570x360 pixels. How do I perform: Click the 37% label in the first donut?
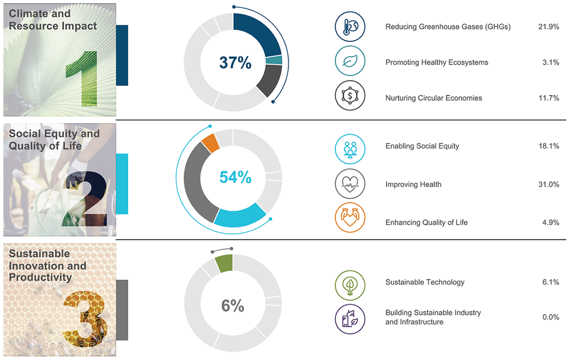[235, 63]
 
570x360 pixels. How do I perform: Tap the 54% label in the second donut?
[235, 178]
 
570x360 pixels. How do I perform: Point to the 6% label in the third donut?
[233, 306]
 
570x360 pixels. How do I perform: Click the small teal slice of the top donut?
[274, 60]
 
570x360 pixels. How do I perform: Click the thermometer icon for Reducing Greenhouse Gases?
[350, 27]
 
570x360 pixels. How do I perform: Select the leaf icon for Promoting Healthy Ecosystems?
[350, 62]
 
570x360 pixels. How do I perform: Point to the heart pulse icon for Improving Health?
[350, 184]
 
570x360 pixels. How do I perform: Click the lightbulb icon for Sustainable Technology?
[350, 283]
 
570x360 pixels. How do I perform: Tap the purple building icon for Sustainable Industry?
[350, 318]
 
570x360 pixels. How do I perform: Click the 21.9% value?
[549, 27]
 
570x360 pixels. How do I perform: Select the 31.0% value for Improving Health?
[549, 184]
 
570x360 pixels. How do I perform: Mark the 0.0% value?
[550, 317]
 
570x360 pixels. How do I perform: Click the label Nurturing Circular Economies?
[434, 98]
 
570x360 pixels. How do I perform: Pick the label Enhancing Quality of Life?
[426, 223]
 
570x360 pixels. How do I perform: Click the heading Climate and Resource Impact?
[53, 20]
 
